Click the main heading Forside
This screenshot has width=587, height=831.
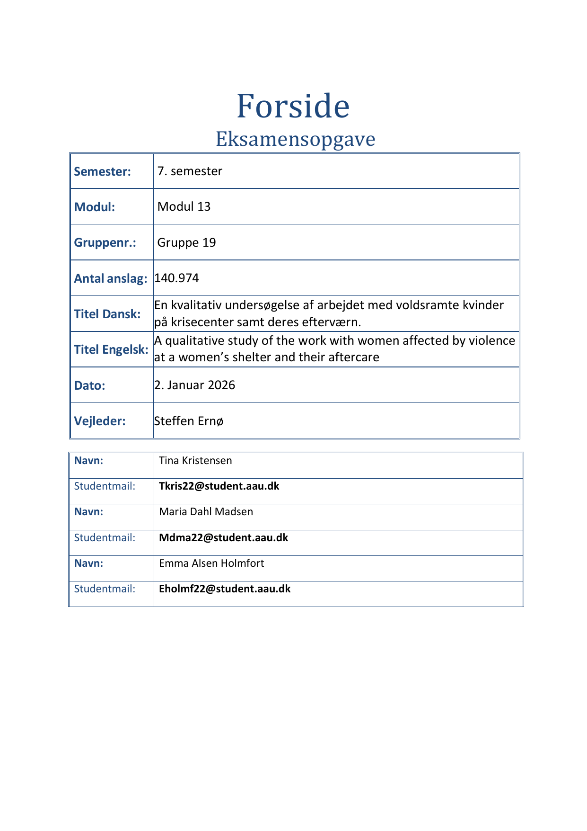click(x=293, y=106)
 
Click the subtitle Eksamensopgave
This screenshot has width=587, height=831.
click(x=295, y=139)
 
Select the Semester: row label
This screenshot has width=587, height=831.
click(x=102, y=171)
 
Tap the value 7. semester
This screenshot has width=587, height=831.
click(x=190, y=171)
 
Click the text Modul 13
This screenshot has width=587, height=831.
click(x=184, y=206)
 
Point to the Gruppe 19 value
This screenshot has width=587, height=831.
click(x=186, y=242)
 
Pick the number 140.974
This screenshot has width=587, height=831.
click(x=176, y=278)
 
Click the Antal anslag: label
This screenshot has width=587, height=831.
click(x=111, y=278)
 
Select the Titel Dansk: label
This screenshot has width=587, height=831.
click(x=107, y=314)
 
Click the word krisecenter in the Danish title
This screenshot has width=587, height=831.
click(x=203, y=322)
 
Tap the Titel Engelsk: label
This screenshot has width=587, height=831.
click(x=111, y=349)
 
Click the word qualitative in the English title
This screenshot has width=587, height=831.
click(x=194, y=340)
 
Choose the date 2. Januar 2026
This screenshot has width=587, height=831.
click(x=194, y=385)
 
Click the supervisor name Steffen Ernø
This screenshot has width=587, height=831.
click(x=189, y=421)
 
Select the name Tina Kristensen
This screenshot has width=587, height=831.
click(x=195, y=461)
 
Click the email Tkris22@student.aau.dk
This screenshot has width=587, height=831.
click(x=219, y=486)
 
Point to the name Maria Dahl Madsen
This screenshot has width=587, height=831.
click(x=206, y=512)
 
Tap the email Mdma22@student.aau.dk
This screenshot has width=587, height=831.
click(x=223, y=538)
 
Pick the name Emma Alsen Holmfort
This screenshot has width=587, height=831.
click(x=211, y=563)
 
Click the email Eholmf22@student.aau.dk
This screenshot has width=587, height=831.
click(x=225, y=589)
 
